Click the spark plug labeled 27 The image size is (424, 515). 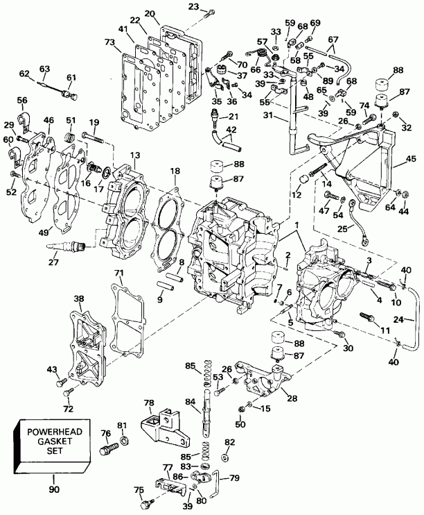tap(66, 245)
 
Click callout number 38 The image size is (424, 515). tap(78, 299)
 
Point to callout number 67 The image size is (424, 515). tap(333, 40)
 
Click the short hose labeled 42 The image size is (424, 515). tap(229, 142)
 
